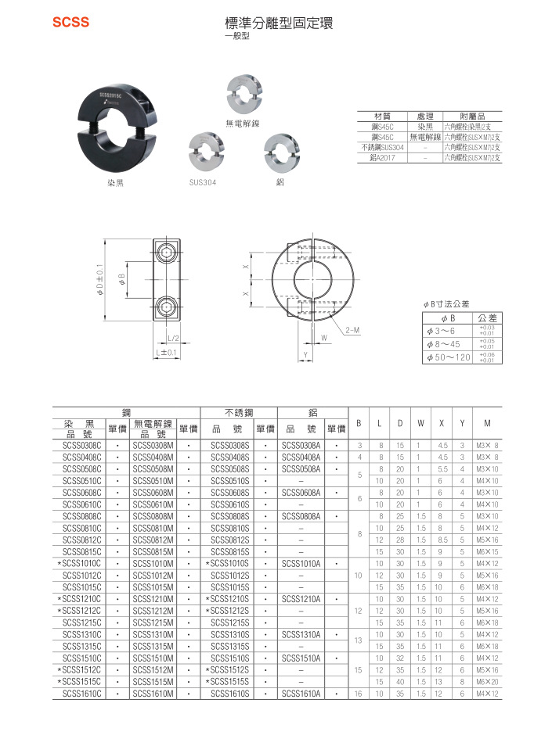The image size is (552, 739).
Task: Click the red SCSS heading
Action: (x=70, y=23)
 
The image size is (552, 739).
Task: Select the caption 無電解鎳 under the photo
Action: (x=242, y=124)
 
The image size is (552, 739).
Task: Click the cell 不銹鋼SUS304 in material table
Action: (x=382, y=147)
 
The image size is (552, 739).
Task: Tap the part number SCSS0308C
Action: (x=82, y=445)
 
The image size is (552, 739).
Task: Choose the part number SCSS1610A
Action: (x=301, y=692)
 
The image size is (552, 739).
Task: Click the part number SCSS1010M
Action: (x=153, y=562)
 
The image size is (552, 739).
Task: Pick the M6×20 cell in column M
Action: (x=487, y=680)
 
